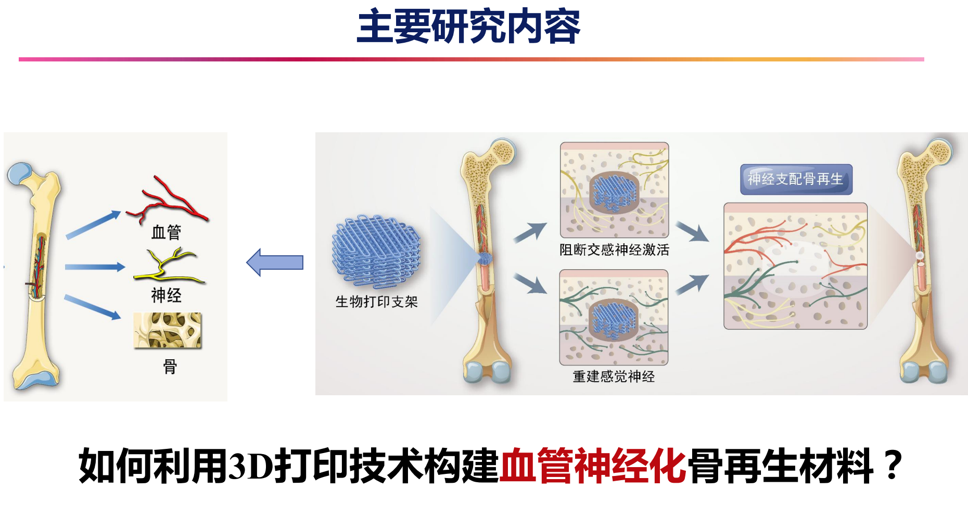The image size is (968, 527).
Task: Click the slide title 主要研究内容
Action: pyautogui.click(x=468, y=27)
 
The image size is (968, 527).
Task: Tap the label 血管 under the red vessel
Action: pyautogui.click(x=166, y=232)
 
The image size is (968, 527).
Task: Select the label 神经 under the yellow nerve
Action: pyautogui.click(x=166, y=295)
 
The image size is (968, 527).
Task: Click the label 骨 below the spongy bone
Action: pyautogui.click(x=170, y=367)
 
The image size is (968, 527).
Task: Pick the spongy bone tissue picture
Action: pyautogui.click(x=167, y=330)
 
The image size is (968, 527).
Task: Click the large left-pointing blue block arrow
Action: pyautogui.click(x=275, y=262)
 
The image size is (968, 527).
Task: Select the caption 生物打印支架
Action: pyautogui.click(x=376, y=302)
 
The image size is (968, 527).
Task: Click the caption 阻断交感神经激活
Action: pyautogui.click(x=614, y=250)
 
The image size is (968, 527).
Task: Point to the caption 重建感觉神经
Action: pyautogui.click(x=614, y=377)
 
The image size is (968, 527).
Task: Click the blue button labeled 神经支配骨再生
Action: pyautogui.click(x=796, y=180)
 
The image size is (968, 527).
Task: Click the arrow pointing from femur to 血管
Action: pyautogui.click(x=94, y=224)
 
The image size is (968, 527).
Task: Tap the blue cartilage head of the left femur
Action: pyautogui.click(x=20, y=173)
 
